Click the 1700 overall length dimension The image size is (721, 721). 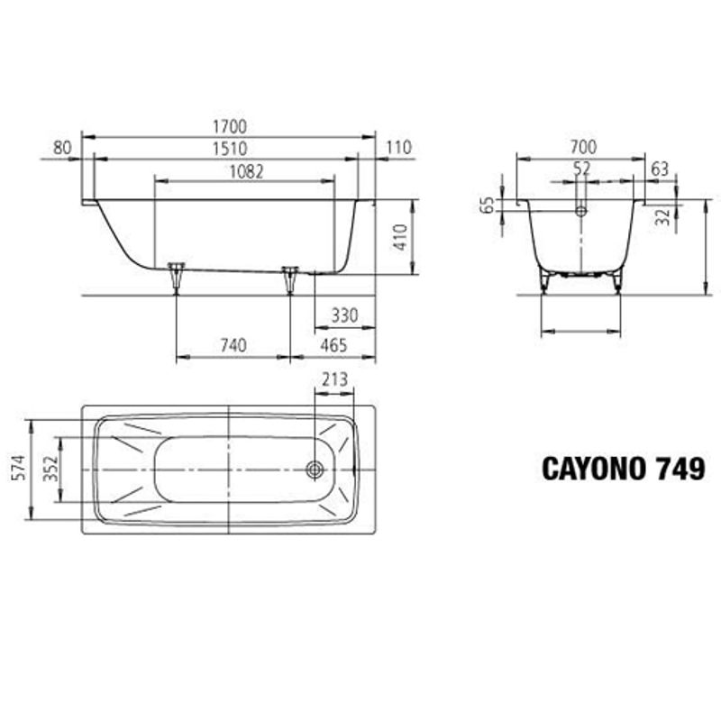(x=229, y=127)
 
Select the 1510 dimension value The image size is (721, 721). (x=229, y=149)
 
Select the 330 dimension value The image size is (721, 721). (x=344, y=315)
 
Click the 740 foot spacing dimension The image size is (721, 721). (x=232, y=346)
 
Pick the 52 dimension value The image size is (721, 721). (x=581, y=168)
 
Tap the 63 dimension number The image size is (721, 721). (x=660, y=168)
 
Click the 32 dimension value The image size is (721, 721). (x=662, y=215)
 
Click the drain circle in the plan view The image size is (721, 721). (x=315, y=470)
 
